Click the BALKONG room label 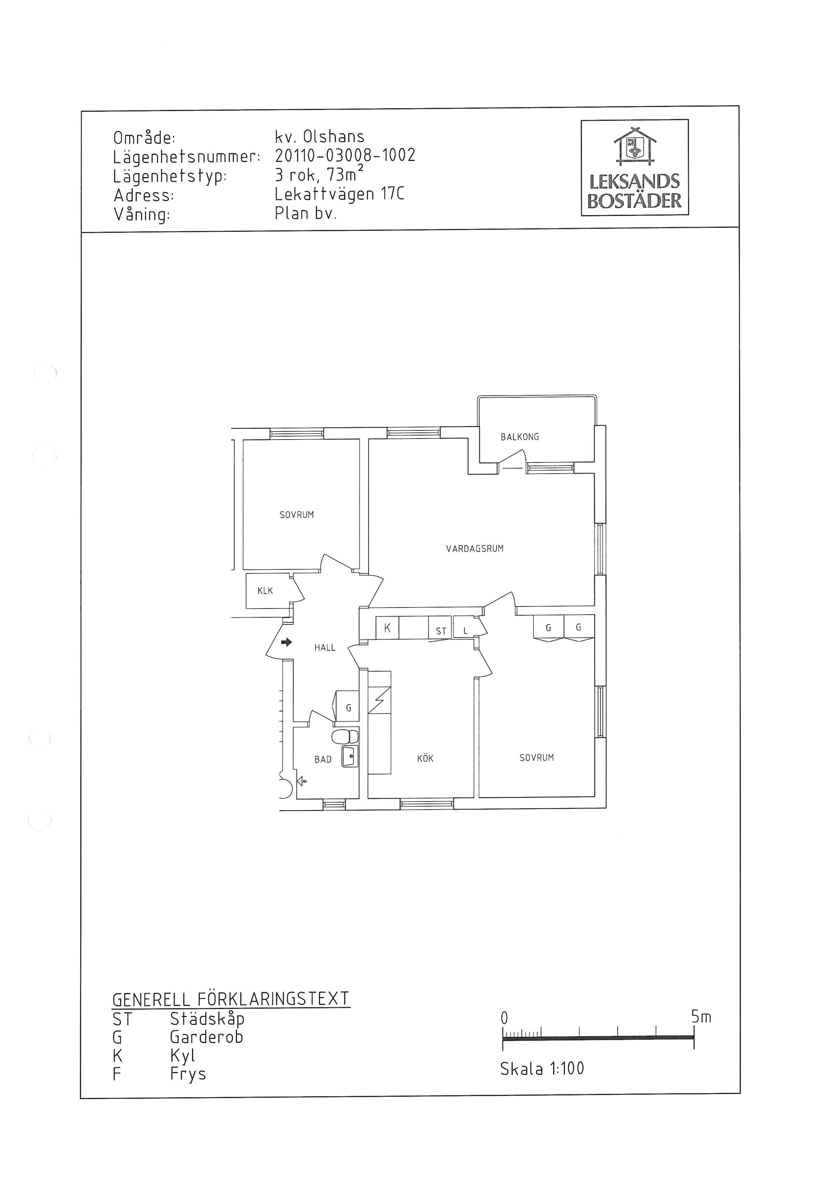click(x=519, y=437)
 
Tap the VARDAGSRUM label click(x=475, y=549)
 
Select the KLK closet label click(x=265, y=591)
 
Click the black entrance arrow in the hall click(x=287, y=643)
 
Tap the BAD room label click(x=323, y=759)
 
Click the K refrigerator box click(x=387, y=628)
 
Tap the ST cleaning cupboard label click(x=441, y=631)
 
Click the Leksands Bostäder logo click(x=634, y=167)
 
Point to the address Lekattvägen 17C click(x=340, y=194)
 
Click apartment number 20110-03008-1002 click(x=345, y=155)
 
